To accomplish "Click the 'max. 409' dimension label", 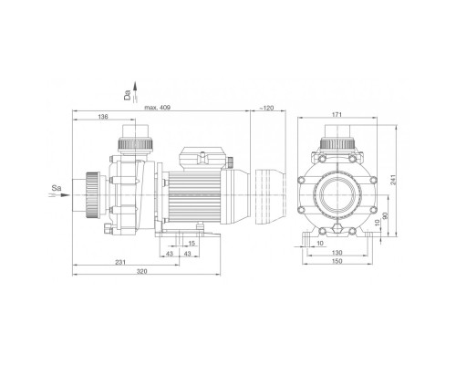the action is pos(158,108).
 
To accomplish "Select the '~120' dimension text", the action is pos(266,108).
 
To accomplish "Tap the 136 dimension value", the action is pos(103,117).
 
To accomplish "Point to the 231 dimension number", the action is pos(120,262).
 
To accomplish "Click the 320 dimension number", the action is pos(141,271).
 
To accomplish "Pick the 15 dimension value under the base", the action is pos(192,244).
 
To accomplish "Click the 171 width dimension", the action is pos(337,115).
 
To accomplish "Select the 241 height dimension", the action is pos(393,180).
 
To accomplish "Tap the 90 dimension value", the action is pos(385,216).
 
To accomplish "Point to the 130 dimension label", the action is pos(337,253).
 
